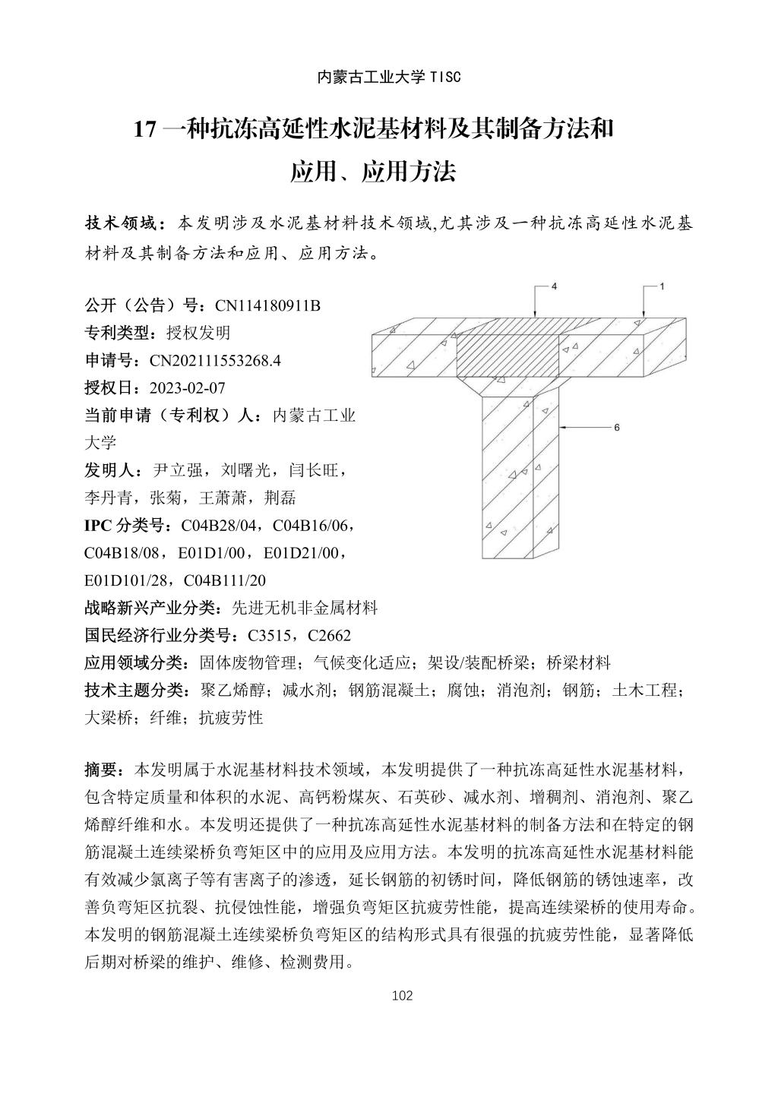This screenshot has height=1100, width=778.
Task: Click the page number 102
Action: click(x=402, y=995)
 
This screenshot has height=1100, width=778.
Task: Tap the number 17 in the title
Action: click(x=144, y=130)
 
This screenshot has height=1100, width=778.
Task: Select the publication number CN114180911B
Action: click(x=268, y=305)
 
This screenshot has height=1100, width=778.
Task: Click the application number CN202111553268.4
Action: click(x=215, y=360)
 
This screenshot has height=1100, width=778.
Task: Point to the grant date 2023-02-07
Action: click(x=188, y=388)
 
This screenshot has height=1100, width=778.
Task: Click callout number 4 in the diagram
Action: click(x=554, y=287)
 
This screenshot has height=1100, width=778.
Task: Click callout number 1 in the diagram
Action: click(x=662, y=287)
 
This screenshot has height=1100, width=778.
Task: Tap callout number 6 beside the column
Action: click(x=617, y=428)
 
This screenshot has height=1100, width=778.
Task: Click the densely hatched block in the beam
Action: click(x=507, y=356)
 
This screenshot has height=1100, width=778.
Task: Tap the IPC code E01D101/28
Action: click(x=129, y=580)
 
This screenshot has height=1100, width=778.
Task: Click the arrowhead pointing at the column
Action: click(x=562, y=428)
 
